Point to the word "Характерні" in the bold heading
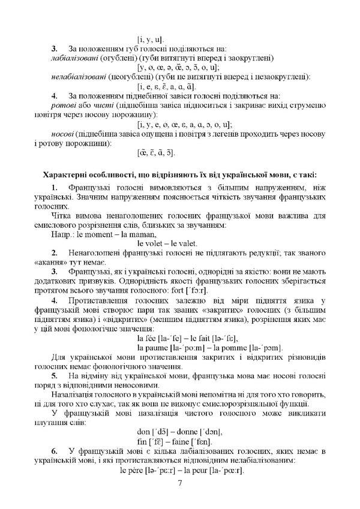coord(63,174)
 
